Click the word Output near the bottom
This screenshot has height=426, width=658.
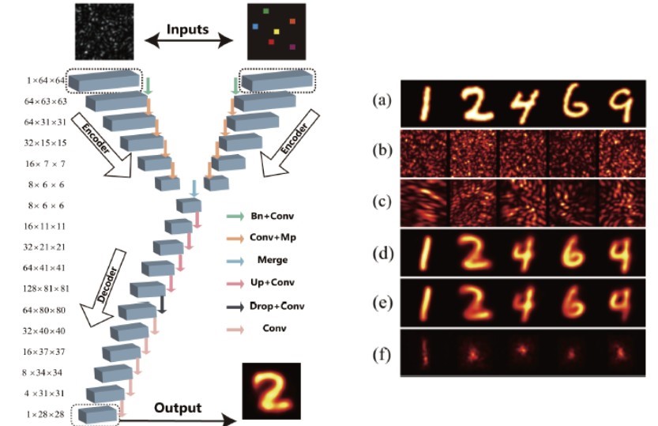(x=177, y=409)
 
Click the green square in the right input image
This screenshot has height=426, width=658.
(x=265, y=11)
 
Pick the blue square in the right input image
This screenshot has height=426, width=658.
(x=254, y=27)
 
